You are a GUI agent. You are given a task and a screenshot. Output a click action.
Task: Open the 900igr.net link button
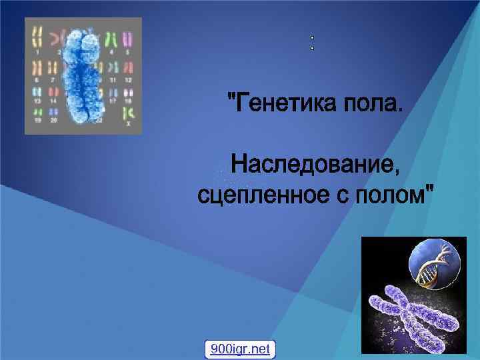pyautogui.click(x=240, y=349)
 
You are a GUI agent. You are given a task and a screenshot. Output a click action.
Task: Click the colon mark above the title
pyautogui.click(x=311, y=44)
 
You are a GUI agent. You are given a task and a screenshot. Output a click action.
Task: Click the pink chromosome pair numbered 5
pyautogui.click(x=128, y=39)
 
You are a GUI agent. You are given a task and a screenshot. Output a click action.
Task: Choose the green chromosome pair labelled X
pyautogui.click(x=128, y=112)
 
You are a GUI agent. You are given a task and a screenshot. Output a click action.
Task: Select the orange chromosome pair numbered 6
pyautogui.click(x=37, y=68)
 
